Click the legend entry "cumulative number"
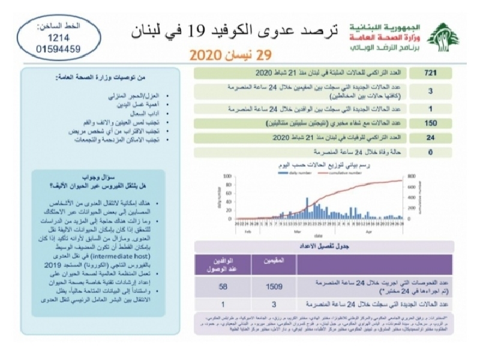[x=344, y=173]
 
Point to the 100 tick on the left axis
[x=227, y=177]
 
